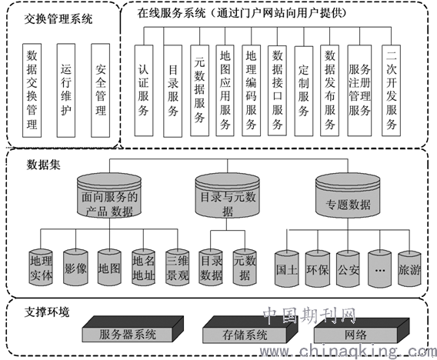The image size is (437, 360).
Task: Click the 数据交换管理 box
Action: click(x=32, y=90)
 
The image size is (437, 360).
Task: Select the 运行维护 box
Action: click(x=66, y=90)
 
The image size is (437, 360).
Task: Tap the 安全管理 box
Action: click(x=100, y=90)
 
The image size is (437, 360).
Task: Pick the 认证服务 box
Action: click(x=144, y=91)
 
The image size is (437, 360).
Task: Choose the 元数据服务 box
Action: click(x=199, y=91)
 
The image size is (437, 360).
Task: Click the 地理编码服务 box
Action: click(x=251, y=91)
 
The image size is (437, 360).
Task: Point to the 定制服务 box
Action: click(x=304, y=91)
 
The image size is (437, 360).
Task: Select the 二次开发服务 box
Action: click(x=391, y=91)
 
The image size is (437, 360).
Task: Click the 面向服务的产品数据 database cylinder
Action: click(x=109, y=195)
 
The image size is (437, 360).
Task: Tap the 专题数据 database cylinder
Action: click(x=348, y=195)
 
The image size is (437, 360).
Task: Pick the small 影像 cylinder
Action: click(x=75, y=268)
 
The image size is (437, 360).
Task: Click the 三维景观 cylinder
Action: click(x=178, y=268)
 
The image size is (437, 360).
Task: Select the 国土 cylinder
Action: click(x=287, y=269)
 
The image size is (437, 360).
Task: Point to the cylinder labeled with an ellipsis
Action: click(x=380, y=269)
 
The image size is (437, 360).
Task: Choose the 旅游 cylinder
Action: click(x=409, y=269)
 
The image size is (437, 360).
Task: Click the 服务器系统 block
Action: click(x=132, y=329)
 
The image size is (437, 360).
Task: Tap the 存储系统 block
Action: click(x=250, y=329)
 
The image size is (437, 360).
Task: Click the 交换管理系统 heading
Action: click(x=58, y=19)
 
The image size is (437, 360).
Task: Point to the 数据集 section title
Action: click(x=43, y=165)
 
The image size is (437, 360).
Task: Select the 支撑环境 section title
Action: click(x=47, y=312)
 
